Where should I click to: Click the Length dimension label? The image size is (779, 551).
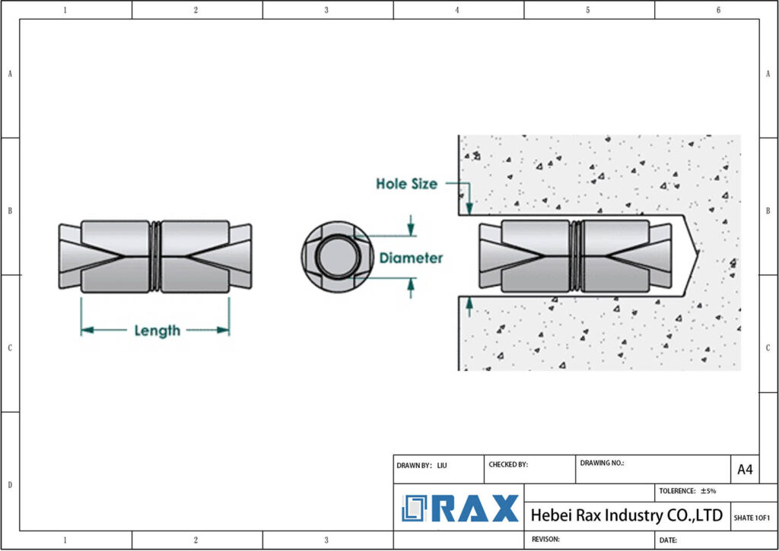pyautogui.click(x=157, y=331)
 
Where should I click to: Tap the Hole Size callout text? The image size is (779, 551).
pyautogui.click(x=406, y=183)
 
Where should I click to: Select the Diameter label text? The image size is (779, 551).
pyautogui.click(x=411, y=258)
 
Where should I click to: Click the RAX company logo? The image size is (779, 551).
pyautogui.click(x=460, y=508)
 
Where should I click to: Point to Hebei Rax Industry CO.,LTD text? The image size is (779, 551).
pyautogui.click(x=626, y=515)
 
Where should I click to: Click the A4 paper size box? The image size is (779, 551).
pyautogui.click(x=745, y=470)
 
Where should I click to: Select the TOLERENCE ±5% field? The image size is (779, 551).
pyautogui.click(x=687, y=491)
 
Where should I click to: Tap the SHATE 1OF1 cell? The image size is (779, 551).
pyautogui.click(x=752, y=518)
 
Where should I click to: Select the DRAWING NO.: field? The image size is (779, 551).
pyautogui.click(x=602, y=462)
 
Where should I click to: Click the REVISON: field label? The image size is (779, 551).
pyautogui.click(x=546, y=539)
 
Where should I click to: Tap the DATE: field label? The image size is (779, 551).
pyautogui.click(x=669, y=540)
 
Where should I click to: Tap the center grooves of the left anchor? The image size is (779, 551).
pyautogui.click(x=156, y=256)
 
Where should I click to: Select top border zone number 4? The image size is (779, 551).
pyautogui.click(x=457, y=10)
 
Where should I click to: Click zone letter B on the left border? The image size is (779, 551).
pyautogui.click(x=10, y=211)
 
